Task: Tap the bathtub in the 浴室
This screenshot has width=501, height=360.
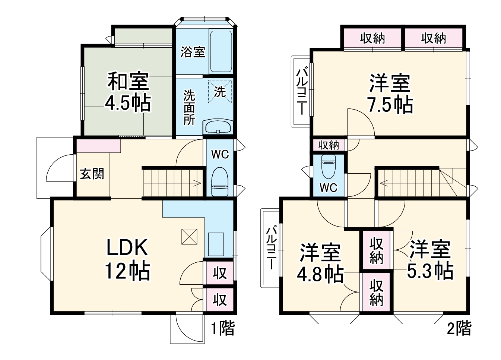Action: (221, 51)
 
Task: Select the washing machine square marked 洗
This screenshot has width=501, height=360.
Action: (220, 91)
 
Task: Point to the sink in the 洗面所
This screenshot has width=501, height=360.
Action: (218, 127)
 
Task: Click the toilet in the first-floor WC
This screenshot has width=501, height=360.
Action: (219, 181)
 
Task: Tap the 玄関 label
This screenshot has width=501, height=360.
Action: (92, 174)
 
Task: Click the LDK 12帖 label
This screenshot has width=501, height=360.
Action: (127, 259)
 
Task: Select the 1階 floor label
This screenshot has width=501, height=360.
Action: (223, 328)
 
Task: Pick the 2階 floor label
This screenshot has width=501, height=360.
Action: (459, 328)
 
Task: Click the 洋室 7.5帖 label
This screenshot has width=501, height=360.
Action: (390, 93)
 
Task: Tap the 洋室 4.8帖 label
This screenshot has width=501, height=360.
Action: (320, 263)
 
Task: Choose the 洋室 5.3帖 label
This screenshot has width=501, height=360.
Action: (430, 260)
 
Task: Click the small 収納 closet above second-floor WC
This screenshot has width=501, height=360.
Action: (329, 145)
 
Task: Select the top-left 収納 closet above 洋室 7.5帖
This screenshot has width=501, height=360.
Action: (372, 38)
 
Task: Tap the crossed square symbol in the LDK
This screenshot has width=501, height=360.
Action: (189, 236)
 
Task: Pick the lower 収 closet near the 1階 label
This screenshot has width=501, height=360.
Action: (220, 300)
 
